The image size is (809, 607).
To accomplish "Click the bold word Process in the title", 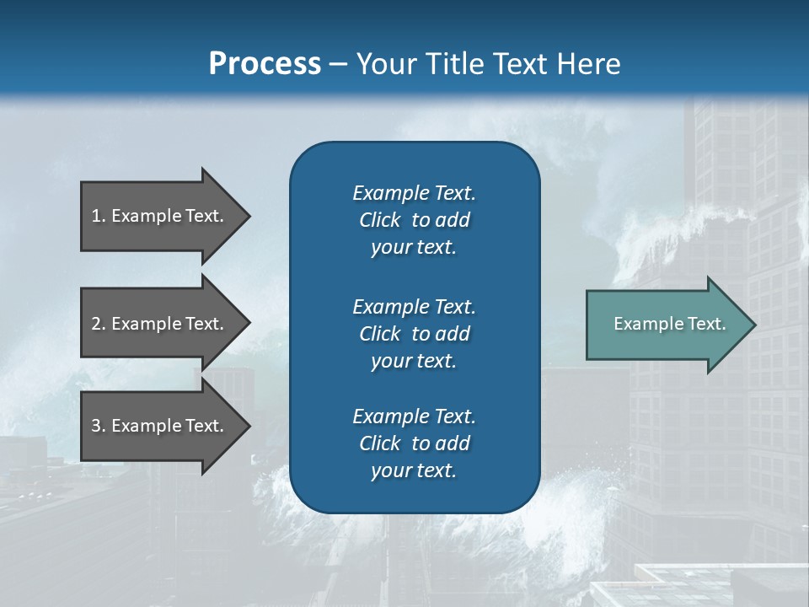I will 265,63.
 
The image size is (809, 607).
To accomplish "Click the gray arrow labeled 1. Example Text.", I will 160,216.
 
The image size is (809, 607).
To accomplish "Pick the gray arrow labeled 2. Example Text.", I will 160,324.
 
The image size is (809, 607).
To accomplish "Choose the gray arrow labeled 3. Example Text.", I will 160,426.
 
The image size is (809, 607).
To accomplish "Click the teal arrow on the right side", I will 666,324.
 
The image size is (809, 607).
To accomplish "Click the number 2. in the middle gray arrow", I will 99,324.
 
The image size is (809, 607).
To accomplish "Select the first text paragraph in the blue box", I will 414,220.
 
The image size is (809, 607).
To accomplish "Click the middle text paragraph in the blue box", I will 414,333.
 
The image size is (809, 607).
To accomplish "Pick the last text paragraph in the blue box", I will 414,443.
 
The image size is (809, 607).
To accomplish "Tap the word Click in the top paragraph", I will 380,220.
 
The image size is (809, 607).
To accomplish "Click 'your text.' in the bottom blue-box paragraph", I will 414,470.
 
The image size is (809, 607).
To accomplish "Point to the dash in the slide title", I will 338,64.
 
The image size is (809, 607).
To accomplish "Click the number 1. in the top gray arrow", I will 99,216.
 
